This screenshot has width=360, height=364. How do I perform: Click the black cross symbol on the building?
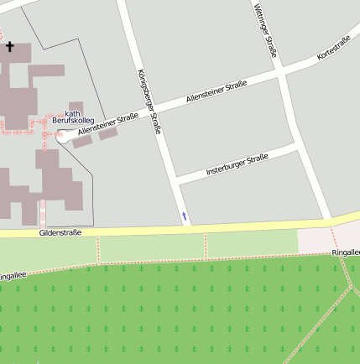(x=10, y=47)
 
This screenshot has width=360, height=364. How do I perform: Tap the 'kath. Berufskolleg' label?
(x=72, y=117)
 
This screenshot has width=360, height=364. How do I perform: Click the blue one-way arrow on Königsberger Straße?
(x=185, y=217)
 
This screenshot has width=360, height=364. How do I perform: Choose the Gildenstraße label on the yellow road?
(x=60, y=232)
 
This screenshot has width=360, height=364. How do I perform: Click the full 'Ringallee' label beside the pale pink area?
(x=344, y=251)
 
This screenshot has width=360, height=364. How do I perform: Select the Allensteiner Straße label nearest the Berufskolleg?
(x=107, y=124)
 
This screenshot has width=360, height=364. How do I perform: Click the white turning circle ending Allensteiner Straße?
(x=62, y=138)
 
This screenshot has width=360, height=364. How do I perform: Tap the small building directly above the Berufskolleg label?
(x=76, y=107)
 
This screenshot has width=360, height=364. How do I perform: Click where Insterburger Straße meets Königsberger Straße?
(x=174, y=180)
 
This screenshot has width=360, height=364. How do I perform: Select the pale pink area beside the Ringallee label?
(x=315, y=241)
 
